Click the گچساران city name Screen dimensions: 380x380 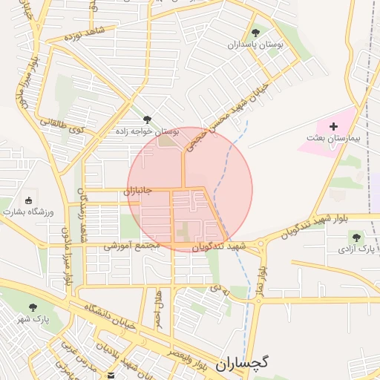(x=242, y=364)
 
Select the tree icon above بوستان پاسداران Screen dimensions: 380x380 (x=256, y=33)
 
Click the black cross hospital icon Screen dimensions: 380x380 (x=333, y=127)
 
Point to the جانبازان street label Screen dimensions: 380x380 (x=137, y=190)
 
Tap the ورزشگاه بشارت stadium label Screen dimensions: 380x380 (x=29, y=212)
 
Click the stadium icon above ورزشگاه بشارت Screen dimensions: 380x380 (x=29, y=200)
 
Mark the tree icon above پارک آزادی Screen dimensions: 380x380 (x=357, y=237)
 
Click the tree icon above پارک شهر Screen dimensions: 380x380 (x=33, y=307)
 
